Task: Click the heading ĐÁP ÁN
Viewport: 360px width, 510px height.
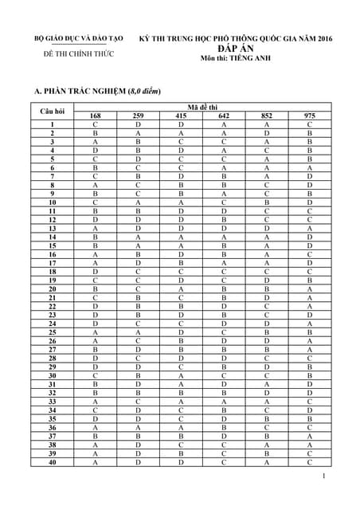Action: tap(235, 48)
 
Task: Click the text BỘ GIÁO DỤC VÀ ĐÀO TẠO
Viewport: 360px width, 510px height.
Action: tap(78, 38)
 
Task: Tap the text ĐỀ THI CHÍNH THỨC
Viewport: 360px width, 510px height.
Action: tap(78, 54)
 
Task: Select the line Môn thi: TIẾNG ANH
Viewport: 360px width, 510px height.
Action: tap(235, 58)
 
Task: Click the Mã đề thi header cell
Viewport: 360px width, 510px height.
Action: tap(203, 106)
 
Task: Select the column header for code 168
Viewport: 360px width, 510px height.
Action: tap(95, 116)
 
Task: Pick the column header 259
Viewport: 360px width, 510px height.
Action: tap(138, 116)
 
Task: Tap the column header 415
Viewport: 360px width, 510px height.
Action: tap(181, 116)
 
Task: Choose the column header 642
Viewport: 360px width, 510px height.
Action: tap(224, 116)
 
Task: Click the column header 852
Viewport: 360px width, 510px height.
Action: tap(267, 116)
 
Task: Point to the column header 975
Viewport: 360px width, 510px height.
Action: tap(310, 116)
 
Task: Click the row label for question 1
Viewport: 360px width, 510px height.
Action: tap(52, 125)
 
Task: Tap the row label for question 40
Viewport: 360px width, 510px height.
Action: tap(52, 462)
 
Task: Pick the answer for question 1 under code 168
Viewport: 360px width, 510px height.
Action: tap(95, 125)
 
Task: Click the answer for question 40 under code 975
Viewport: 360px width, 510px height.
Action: tap(310, 462)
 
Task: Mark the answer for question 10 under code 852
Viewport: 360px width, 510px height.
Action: tap(267, 203)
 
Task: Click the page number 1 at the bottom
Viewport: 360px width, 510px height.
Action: tap(325, 477)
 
